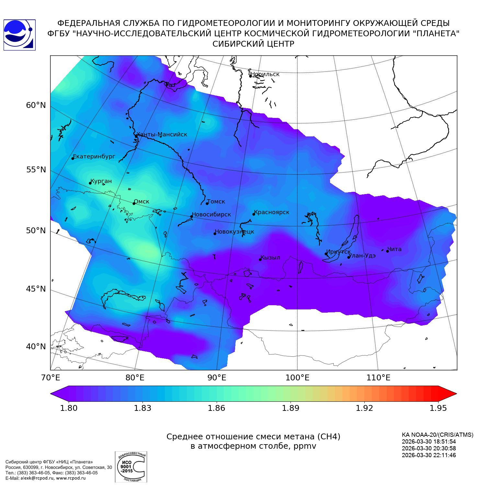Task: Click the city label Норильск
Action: click(x=265, y=74)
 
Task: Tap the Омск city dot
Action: click(x=134, y=203)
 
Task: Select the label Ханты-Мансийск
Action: click(x=162, y=134)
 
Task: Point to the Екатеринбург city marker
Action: click(x=73, y=158)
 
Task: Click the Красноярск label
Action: click(x=271, y=212)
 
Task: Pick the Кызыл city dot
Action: click(x=260, y=260)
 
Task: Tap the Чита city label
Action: click(x=394, y=249)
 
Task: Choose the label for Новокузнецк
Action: click(x=234, y=232)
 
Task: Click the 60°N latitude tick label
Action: click(x=36, y=105)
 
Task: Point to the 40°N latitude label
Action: click(x=36, y=347)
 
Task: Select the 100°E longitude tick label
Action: click(x=298, y=377)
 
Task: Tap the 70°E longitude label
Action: click(x=50, y=377)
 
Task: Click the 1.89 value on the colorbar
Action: click(x=291, y=408)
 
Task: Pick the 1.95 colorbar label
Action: click(x=438, y=408)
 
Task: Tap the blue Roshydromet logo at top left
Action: click(x=19, y=35)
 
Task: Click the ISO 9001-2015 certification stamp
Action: click(x=131, y=467)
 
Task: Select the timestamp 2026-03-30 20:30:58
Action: click(x=429, y=448)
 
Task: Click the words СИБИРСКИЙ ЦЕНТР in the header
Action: click(x=253, y=44)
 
